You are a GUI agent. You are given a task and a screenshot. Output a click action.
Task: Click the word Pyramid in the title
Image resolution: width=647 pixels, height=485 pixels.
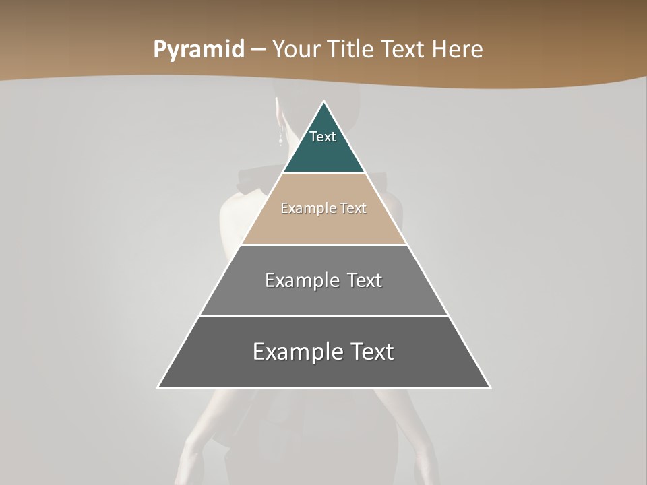pos(199,50)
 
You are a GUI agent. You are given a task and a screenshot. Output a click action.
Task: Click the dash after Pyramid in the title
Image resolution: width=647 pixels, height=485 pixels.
pos(258,50)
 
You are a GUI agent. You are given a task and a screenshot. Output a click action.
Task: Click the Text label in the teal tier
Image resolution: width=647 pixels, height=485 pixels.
pos(323,137)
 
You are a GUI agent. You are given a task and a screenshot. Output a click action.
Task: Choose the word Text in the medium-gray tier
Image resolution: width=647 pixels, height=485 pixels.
pos(365,280)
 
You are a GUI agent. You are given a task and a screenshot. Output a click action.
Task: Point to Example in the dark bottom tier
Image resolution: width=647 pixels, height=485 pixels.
pos(295,352)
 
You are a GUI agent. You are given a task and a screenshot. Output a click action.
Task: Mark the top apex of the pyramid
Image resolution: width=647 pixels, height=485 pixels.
pos(324,102)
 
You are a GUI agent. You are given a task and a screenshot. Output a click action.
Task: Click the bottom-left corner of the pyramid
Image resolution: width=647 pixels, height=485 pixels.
pos(158,387)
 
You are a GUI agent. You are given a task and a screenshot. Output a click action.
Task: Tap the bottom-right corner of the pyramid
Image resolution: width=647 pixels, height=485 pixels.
pos(490,387)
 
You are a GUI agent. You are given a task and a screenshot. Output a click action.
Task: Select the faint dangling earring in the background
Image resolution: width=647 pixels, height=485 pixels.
pos(280,137)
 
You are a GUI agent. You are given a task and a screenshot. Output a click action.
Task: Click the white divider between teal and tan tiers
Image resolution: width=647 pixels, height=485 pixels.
pos(324,173)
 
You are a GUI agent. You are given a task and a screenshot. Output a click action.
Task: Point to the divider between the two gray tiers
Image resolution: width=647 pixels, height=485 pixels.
pos(324,316)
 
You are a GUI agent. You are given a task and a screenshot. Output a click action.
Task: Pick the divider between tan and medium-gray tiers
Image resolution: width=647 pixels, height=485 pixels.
pos(324,245)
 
